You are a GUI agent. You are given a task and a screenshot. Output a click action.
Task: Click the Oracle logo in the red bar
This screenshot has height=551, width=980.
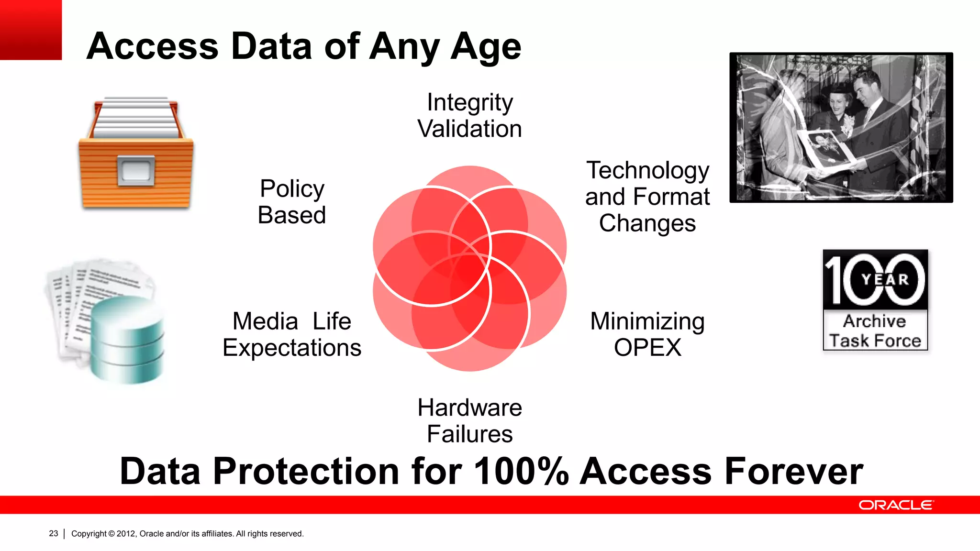point(895,505)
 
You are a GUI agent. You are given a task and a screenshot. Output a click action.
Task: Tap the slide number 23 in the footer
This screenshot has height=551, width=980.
point(53,533)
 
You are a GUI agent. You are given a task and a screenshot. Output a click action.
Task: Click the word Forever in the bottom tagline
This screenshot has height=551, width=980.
point(793,472)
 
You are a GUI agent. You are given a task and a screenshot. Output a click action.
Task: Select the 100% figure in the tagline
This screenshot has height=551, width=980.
point(521,472)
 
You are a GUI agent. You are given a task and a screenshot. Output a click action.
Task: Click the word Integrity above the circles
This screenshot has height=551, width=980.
point(469,102)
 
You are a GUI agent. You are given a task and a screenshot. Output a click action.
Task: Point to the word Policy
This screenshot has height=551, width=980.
point(292,188)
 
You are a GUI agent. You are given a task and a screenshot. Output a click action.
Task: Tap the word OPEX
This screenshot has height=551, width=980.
point(647,348)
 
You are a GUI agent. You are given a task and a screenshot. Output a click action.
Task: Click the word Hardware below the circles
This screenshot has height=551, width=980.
point(469,408)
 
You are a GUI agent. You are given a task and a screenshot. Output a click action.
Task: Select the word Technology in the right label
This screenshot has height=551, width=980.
point(647,171)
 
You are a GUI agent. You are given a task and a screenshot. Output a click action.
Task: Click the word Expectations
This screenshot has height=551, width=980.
point(292,348)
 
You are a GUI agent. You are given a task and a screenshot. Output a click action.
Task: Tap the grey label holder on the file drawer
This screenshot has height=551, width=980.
point(136,171)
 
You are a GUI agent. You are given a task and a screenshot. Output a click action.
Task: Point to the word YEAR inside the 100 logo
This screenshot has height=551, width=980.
point(885,279)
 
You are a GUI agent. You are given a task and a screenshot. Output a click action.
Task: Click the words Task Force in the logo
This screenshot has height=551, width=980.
point(875,341)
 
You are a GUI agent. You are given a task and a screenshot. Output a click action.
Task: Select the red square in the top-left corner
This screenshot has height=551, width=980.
point(31,30)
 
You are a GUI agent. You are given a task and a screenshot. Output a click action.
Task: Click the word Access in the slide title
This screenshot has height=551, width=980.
point(153,46)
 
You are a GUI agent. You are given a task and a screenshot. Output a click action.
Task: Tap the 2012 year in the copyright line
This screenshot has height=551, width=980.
point(126,533)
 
